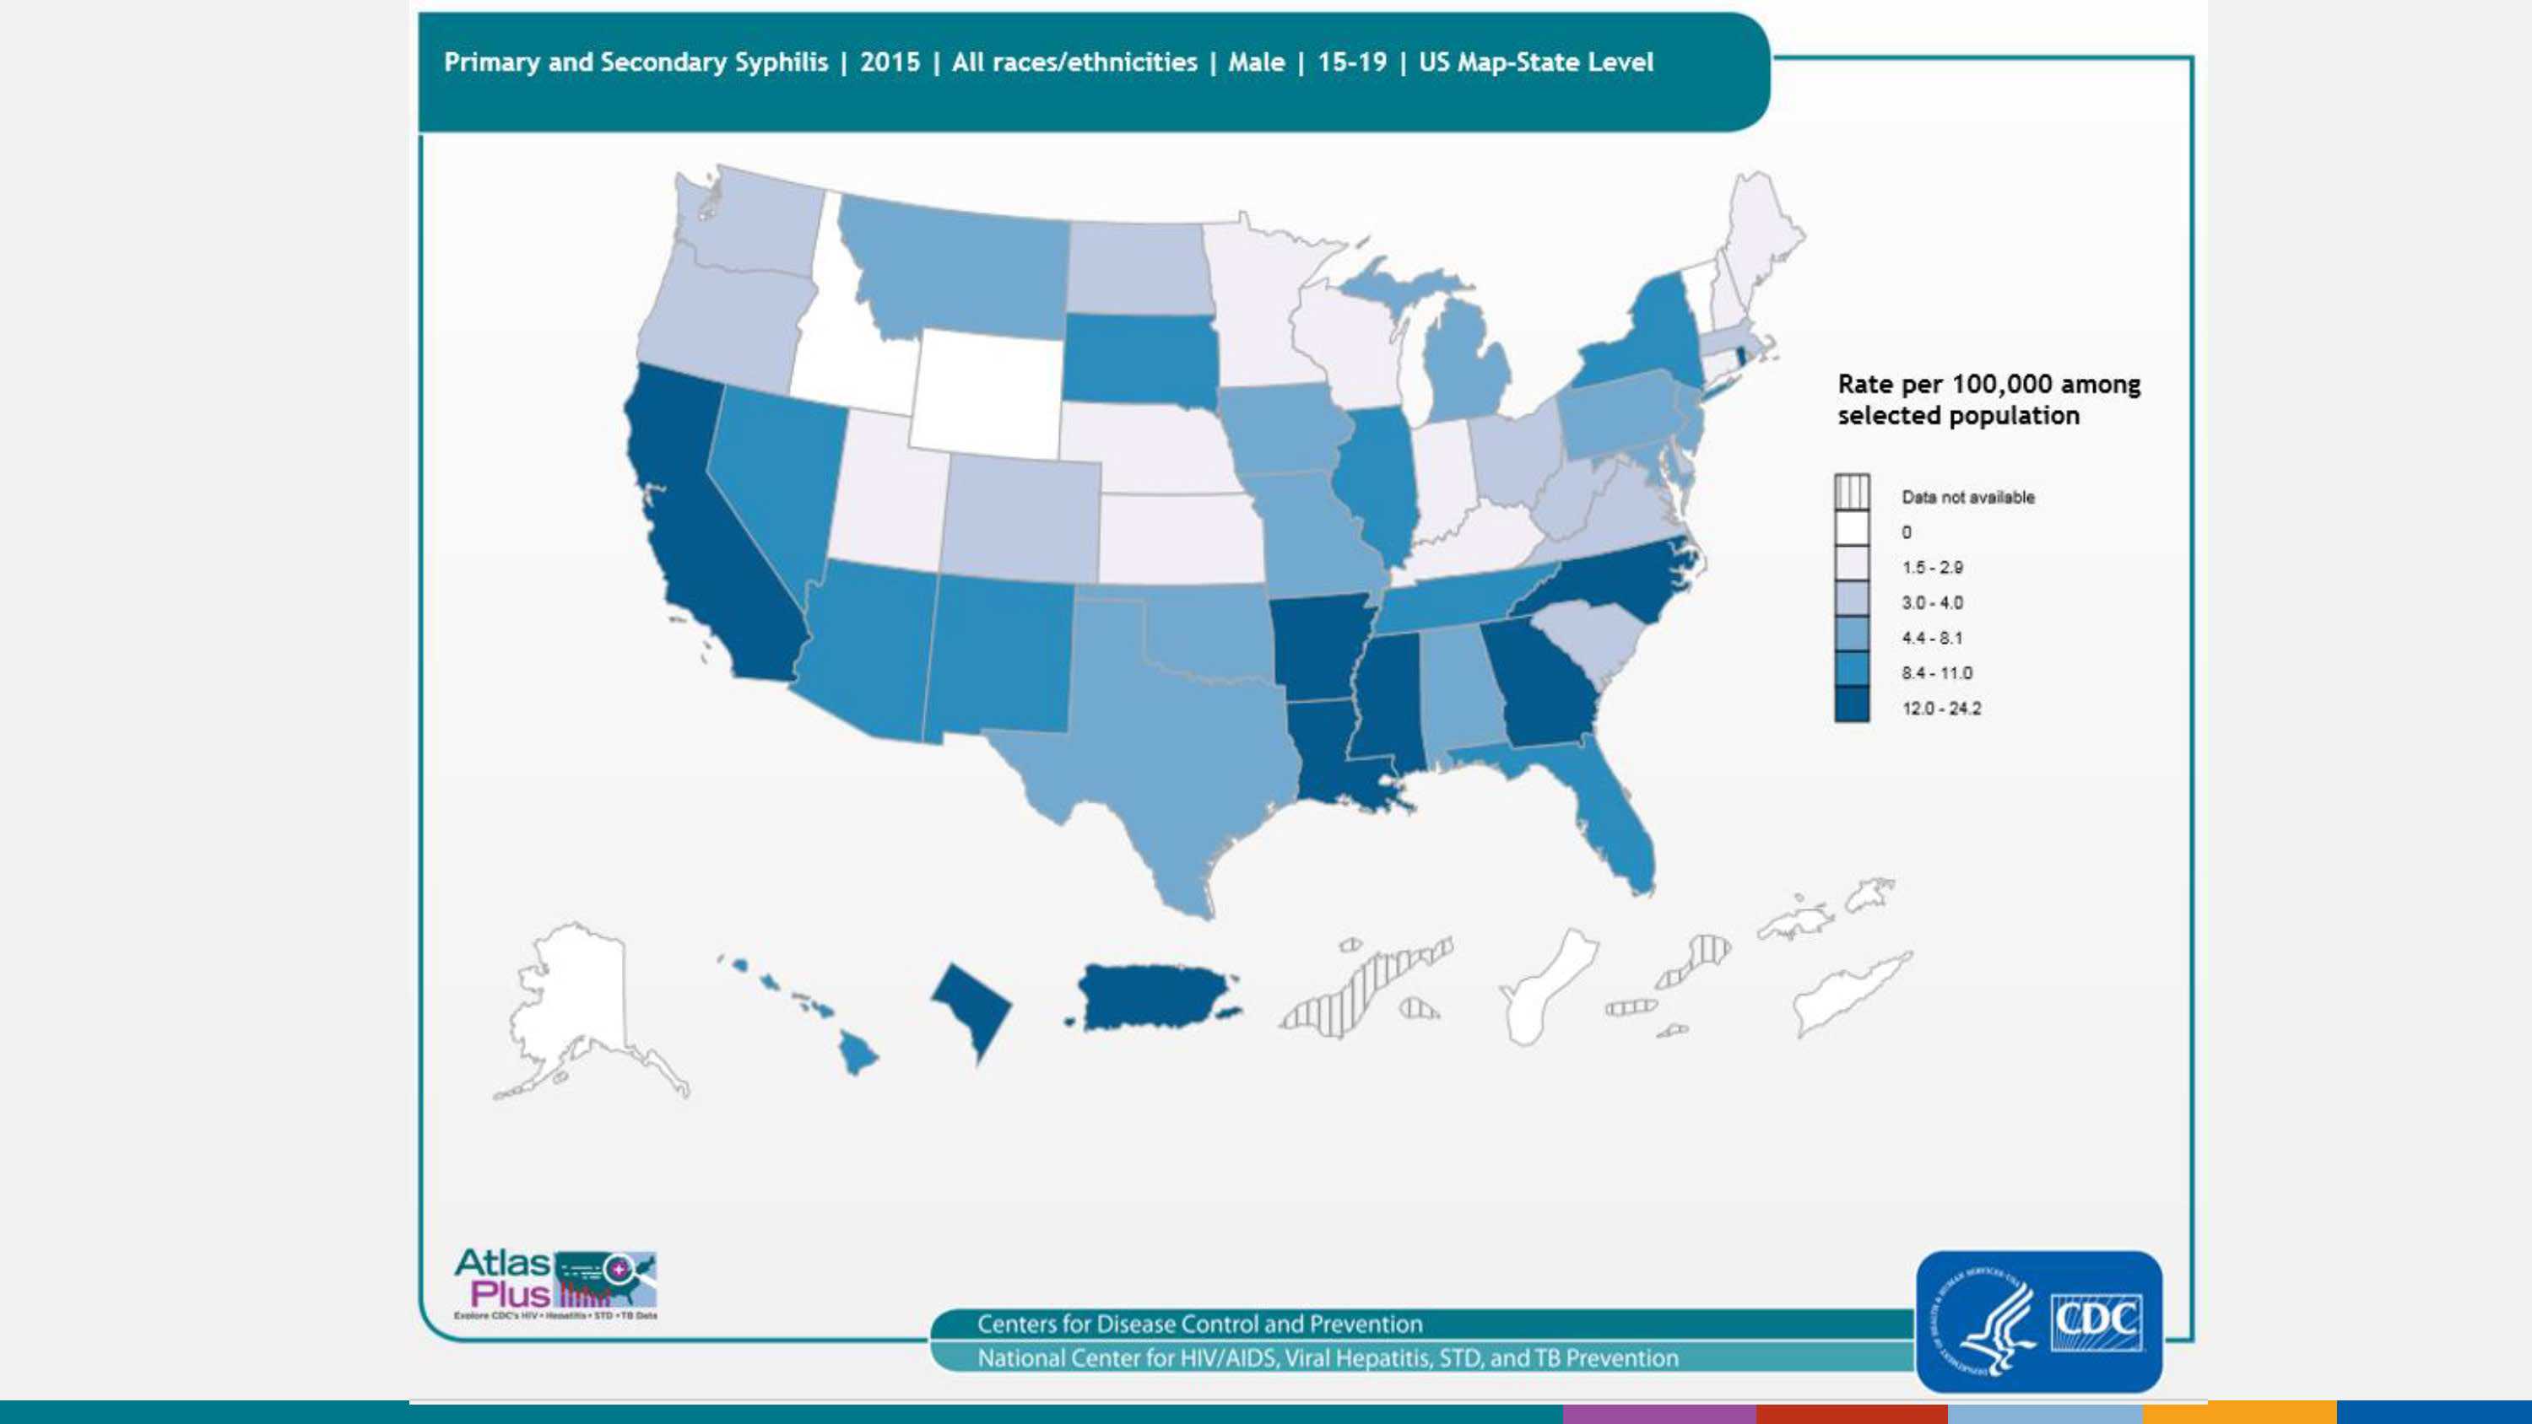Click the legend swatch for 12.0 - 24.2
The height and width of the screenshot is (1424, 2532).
(x=1852, y=705)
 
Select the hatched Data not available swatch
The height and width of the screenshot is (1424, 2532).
(x=1852, y=491)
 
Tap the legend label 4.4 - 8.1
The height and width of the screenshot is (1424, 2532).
(x=1931, y=638)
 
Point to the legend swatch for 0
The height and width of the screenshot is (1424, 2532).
(x=1852, y=531)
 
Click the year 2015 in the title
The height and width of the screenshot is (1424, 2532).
(x=890, y=62)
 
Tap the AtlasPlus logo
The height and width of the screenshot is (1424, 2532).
(x=555, y=1282)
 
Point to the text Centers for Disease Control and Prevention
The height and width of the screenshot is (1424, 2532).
(x=1199, y=1324)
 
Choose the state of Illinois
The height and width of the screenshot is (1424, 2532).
(x=1381, y=482)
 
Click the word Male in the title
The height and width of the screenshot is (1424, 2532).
(x=1256, y=62)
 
